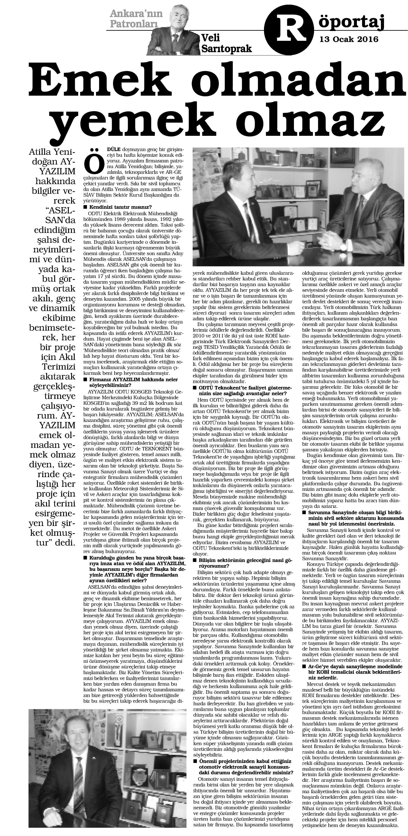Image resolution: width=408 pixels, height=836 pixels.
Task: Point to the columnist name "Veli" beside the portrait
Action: click(x=211, y=38)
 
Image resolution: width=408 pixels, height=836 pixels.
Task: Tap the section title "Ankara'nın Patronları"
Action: click(x=134, y=19)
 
